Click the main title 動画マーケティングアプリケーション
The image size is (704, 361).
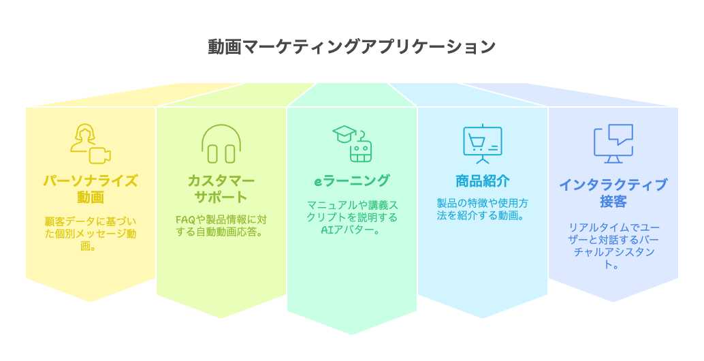[x=351, y=47]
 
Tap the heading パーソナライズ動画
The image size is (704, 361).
[x=91, y=189]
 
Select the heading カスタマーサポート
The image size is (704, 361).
[x=221, y=189]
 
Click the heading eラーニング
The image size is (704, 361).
[x=351, y=180]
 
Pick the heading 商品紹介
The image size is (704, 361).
[x=483, y=181]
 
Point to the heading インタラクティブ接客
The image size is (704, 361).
[x=613, y=193]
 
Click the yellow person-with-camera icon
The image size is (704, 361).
[x=91, y=144]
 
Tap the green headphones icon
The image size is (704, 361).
[x=221, y=144]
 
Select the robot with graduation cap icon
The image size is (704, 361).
[x=353, y=144]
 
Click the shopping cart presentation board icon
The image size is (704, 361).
[x=483, y=144]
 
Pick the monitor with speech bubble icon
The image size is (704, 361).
[x=613, y=144]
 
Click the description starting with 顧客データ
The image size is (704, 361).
[x=91, y=234]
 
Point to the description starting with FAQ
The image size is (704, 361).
[x=221, y=226]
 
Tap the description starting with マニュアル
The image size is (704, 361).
[x=352, y=218]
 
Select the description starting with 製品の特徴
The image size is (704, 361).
[x=483, y=210]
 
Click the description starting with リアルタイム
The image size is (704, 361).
[x=613, y=246]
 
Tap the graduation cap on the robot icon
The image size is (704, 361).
[x=344, y=134]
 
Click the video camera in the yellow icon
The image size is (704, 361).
[x=99, y=155]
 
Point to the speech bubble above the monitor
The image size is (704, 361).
[x=620, y=134]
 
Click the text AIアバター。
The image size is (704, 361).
[x=351, y=230]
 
